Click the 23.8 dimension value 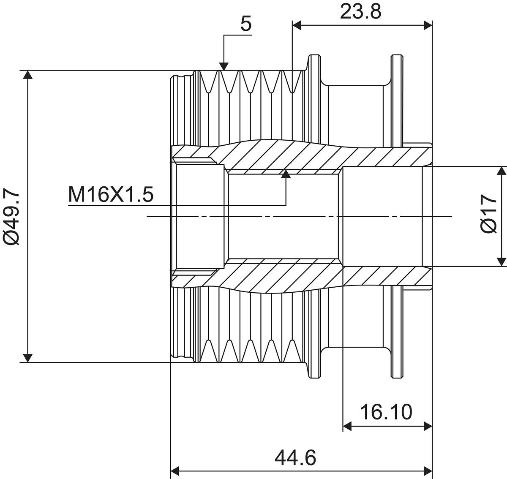click(361, 11)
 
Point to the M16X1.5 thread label click(111, 195)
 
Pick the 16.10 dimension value click(386, 412)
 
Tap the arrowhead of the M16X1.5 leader click(286, 174)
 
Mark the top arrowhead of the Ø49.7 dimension click(27, 75)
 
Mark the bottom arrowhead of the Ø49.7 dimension click(27, 358)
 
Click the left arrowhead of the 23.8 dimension click(297, 25)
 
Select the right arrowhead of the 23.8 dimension click(428, 25)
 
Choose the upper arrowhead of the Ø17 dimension click(502, 171)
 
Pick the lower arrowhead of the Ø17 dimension click(502, 262)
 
